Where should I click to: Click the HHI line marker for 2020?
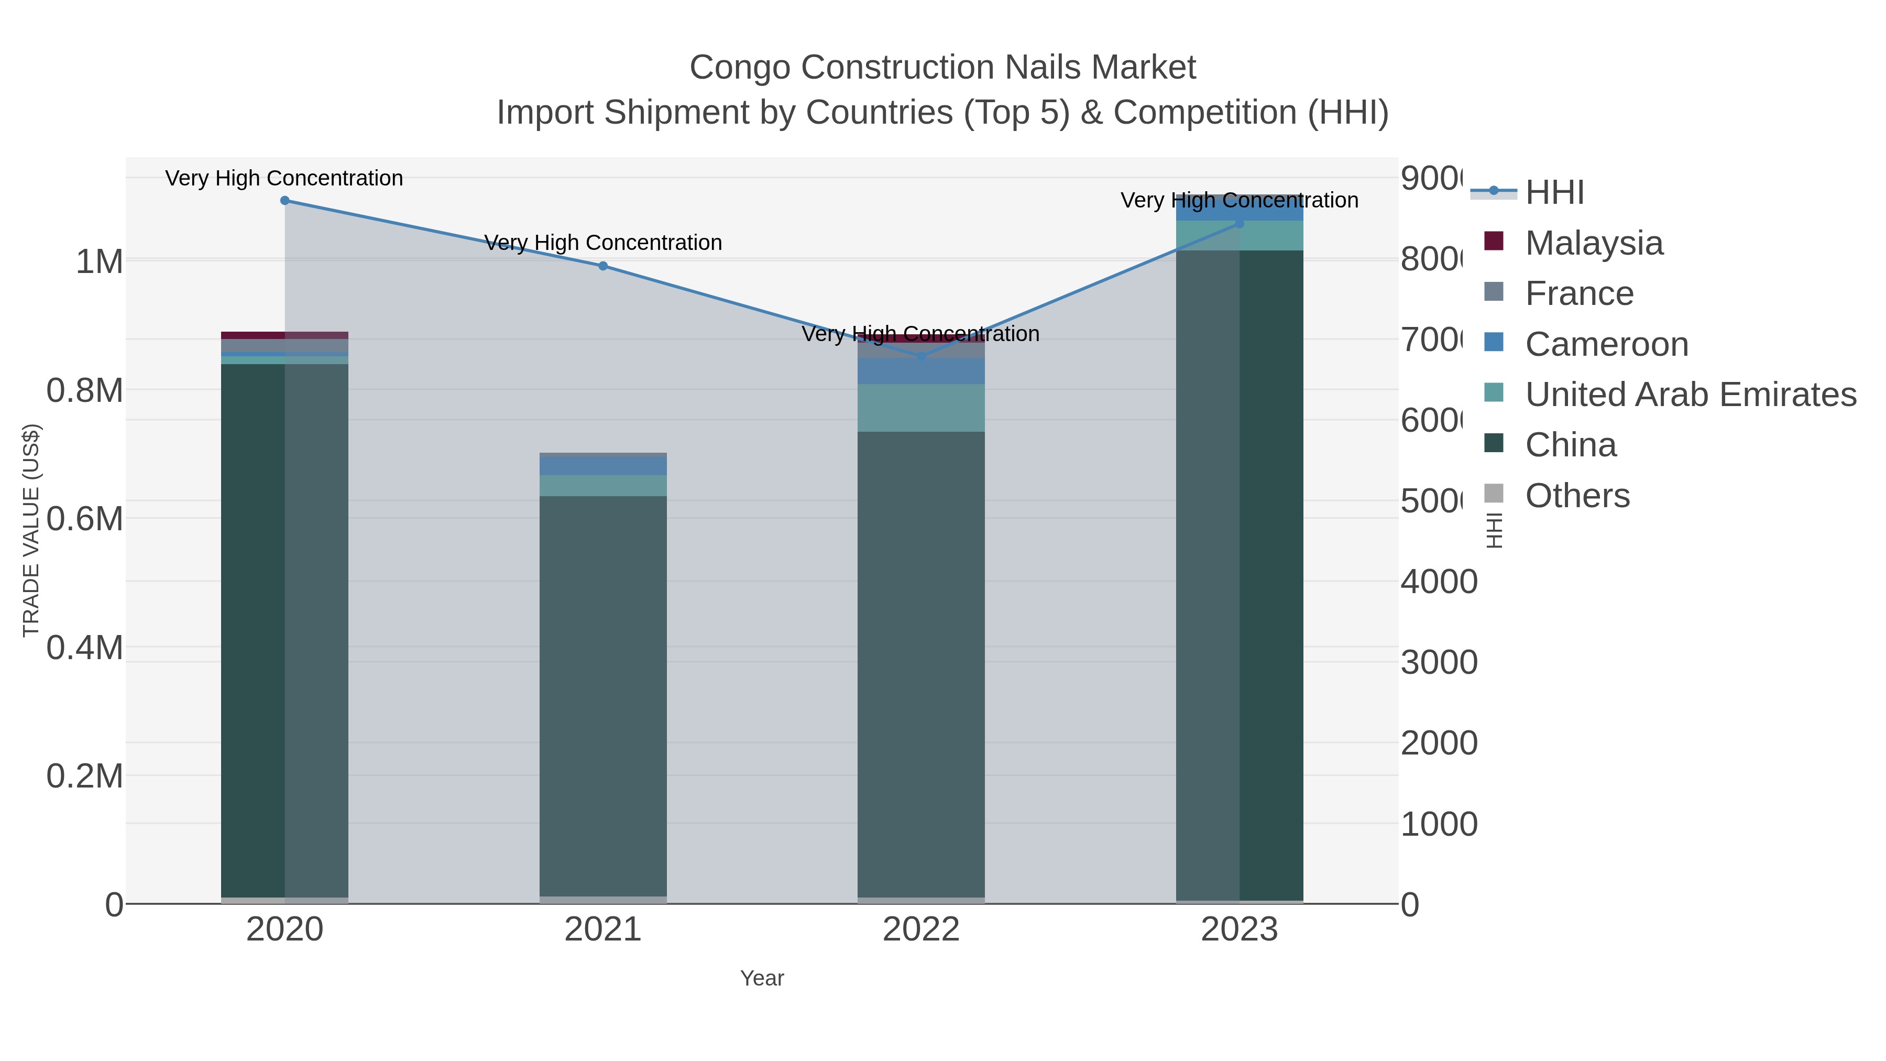tap(285, 201)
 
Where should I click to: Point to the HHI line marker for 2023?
tap(1240, 223)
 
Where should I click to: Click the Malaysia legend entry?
tap(1594, 243)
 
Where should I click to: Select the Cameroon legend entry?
tap(1606, 344)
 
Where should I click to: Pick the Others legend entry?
tap(1577, 496)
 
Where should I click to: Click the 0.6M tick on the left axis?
tap(85, 518)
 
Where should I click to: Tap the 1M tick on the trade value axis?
tap(100, 261)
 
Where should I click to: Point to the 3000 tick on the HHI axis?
tap(1439, 663)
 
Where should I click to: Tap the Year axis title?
tap(761, 978)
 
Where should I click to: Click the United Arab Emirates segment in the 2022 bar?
tap(921, 408)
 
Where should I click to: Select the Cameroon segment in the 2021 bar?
tap(602, 466)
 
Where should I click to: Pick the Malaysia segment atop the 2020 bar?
tap(285, 335)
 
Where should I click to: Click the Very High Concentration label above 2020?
tap(284, 178)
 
